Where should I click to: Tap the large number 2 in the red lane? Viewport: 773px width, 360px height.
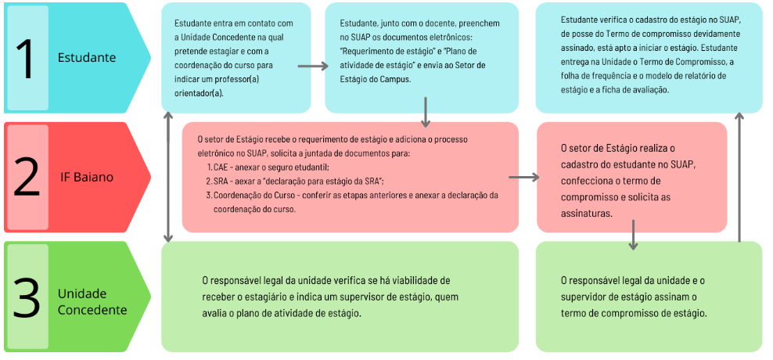(27, 177)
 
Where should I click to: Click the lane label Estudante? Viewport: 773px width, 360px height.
(86, 58)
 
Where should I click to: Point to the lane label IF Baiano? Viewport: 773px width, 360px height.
(87, 178)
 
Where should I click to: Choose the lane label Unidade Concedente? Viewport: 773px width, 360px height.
(92, 301)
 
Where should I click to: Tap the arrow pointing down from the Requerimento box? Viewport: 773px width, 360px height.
(425, 112)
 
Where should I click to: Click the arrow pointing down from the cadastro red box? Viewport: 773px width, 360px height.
(632, 235)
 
